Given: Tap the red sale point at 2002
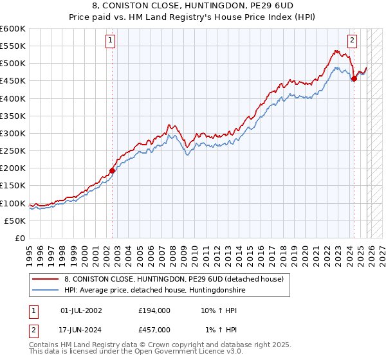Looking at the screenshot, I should pos(113,170).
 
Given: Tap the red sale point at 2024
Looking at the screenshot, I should pos(354,79).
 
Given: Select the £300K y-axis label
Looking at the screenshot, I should pos(13,133).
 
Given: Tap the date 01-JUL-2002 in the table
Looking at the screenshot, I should pos(81,310).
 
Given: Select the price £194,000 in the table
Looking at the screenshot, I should pos(154,310).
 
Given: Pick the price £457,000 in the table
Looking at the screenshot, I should pos(154,330).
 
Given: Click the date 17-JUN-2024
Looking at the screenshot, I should pos(81,330).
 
